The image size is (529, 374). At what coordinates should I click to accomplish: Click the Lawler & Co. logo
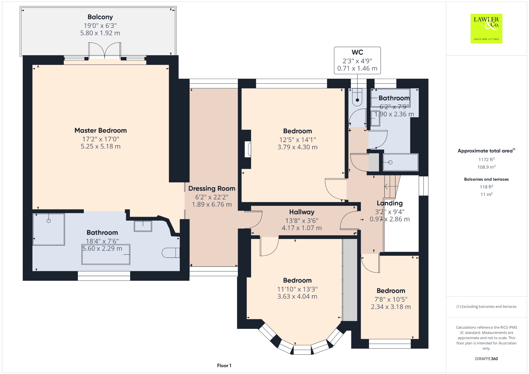(x=486, y=28)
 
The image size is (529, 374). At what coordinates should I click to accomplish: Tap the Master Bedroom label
(x=101, y=130)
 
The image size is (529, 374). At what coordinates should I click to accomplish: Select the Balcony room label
(x=100, y=17)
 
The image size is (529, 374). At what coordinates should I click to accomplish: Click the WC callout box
(x=357, y=60)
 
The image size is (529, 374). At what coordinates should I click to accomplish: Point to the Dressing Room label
(x=212, y=189)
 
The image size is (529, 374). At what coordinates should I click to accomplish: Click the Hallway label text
(x=302, y=212)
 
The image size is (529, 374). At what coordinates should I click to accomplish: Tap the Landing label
(x=390, y=204)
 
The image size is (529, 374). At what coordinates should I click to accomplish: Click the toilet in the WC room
(x=357, y=97)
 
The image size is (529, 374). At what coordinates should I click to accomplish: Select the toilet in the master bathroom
(x=171, y=253)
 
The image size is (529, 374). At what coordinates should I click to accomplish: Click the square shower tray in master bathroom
(x=49, y=229)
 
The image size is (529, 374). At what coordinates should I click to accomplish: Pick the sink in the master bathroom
(x=143, y=226)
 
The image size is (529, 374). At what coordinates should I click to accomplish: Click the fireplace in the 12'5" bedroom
(x=248, y=149)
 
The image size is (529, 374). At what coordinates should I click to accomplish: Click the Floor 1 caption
(x=224, y=365)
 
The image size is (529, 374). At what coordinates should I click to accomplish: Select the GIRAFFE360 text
(x=486, y=359)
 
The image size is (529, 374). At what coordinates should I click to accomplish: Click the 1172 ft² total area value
(x=486, y=160)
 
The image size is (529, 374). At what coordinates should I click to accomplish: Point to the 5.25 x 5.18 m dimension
(x=101, y=146)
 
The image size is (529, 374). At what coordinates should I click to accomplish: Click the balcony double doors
(x=105, y=51)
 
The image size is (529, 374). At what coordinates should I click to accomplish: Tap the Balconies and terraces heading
(x=486, y=179)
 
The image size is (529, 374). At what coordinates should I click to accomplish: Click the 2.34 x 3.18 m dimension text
(x=391, y=307)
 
